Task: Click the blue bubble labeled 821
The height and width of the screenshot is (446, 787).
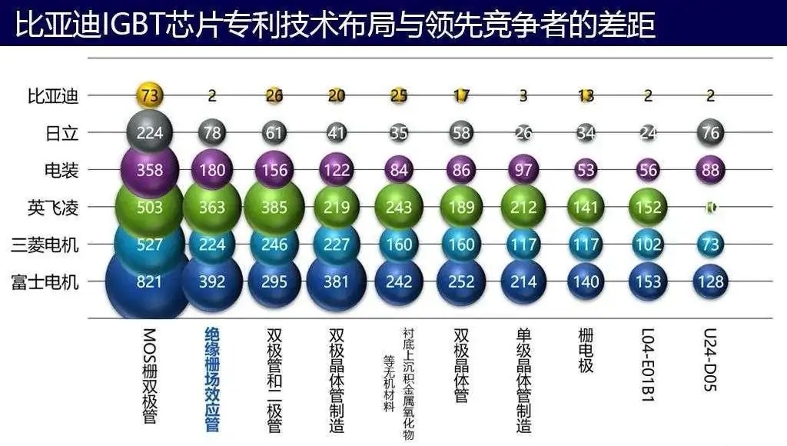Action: (x=148, y=282)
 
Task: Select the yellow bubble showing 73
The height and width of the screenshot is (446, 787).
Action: (x=149, y=96)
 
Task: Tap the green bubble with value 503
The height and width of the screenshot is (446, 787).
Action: (x=149, y=208)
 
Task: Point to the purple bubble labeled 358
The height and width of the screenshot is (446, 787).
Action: (x=149, y=170)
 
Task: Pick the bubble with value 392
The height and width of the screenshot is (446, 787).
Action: (x=211, y=282)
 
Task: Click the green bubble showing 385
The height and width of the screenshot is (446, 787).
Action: (x=274, y=208)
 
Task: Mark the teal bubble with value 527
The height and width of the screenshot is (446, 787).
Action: (x=149, y=245)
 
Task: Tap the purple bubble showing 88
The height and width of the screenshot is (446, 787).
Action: (x=710, y=170)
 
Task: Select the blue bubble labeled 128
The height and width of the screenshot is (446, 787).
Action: (x=710, y=282)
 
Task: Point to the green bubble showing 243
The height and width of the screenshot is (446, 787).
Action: (x=399, y=208)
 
